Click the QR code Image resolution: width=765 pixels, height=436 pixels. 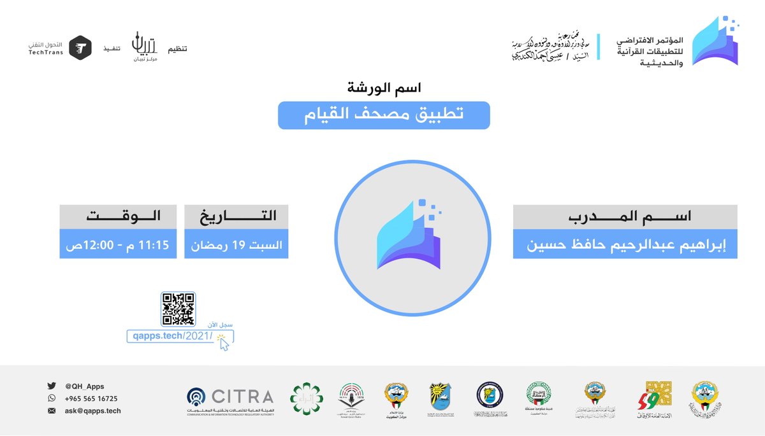coord(178,309)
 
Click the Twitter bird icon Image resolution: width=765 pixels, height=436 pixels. coord(52,386)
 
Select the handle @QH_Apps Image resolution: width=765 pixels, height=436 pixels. coord(84,386)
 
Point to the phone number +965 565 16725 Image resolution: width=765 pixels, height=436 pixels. coord(91,398)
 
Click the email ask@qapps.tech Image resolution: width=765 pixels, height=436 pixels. coord(93,411)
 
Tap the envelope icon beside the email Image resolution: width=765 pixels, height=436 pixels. coord(52,411)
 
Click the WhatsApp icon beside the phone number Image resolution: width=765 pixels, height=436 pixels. coord(52,398)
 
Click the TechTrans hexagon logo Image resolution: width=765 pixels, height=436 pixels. coord(80,48)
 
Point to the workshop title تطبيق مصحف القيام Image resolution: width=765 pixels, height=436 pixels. coord(384,115)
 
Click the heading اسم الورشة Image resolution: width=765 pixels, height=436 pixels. coord(384,86)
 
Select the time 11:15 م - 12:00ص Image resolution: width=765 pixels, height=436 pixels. coord(119,244)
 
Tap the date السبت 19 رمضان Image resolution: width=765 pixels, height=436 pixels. coord(236,244)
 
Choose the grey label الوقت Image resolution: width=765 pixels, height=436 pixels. coord(119,216)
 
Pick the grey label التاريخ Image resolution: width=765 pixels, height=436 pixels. coord(236,216)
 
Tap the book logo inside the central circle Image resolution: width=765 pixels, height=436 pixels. coord(411,236)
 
